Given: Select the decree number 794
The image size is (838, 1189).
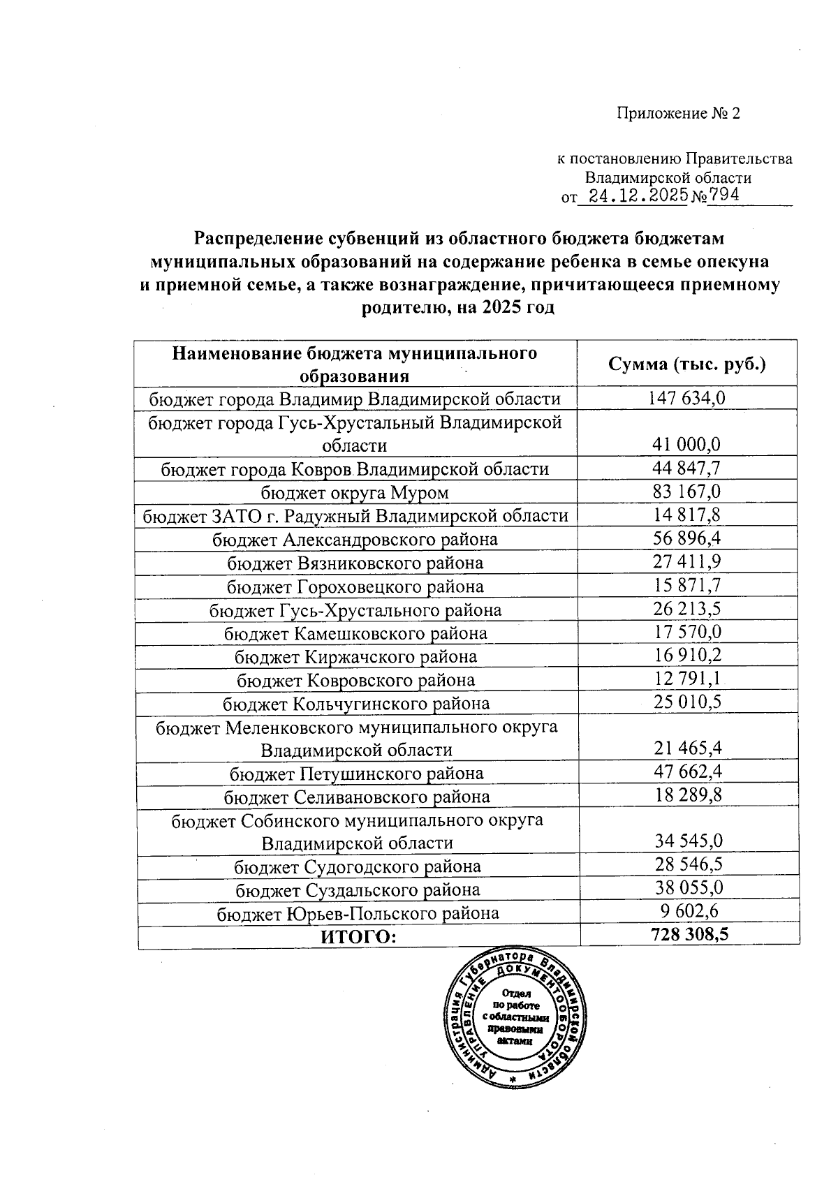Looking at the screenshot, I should tap(724, 195).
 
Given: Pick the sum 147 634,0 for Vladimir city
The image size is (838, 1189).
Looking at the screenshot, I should tap(688, 398).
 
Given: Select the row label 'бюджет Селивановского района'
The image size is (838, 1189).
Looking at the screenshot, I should tap(356, 797).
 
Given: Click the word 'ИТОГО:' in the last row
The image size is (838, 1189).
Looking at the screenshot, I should tap(358, 936).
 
